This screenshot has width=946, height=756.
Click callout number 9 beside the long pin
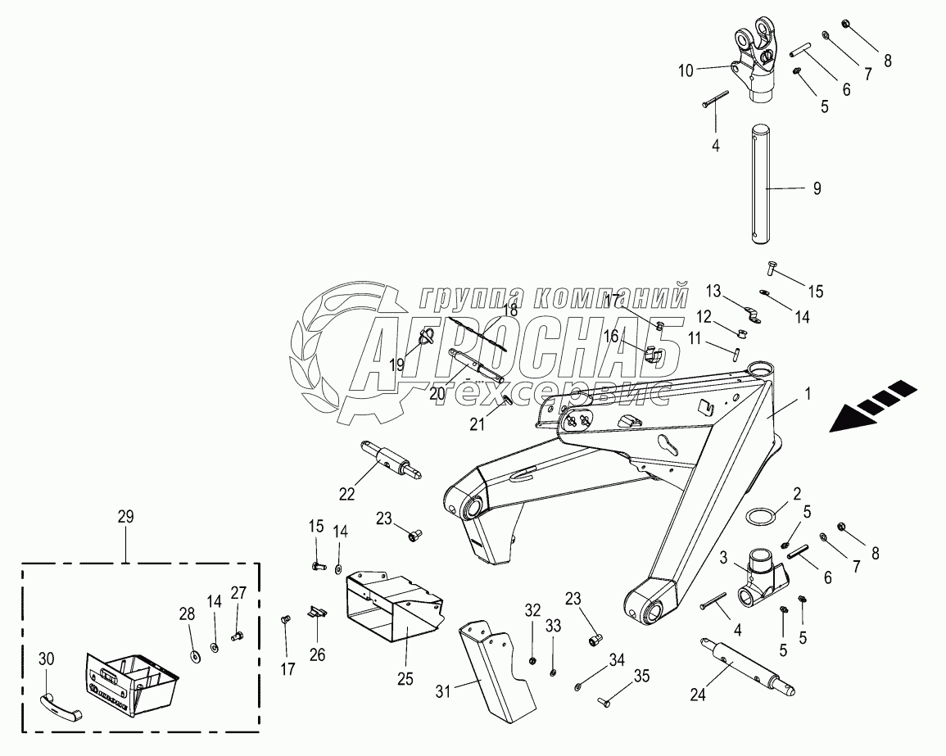point(817,188)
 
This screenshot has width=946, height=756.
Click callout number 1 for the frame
point(808,393)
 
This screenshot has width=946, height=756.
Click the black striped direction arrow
point(875,405)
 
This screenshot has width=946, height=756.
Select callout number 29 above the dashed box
point(125,517)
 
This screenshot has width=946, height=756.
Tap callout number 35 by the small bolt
point(641,676)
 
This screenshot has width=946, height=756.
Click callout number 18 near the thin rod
point(510,310)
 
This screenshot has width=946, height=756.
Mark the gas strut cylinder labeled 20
point(476,364)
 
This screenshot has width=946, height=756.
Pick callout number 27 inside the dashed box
point(238,593)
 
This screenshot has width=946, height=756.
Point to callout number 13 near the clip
point(714,291)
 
